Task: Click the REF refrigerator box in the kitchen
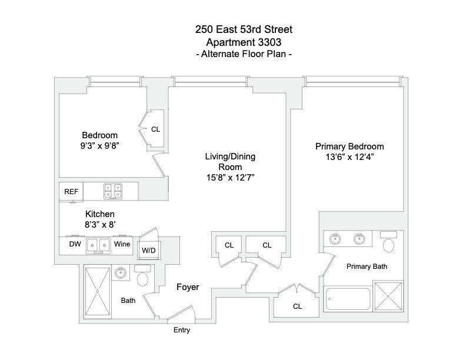click(71, 191)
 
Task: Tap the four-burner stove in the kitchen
click(112, 191)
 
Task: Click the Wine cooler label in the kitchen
click(122, 244)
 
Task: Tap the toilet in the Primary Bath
click(389, 244)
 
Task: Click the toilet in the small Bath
click(142, 276)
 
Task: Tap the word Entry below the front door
click(181, 331)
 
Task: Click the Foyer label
click(188, 288)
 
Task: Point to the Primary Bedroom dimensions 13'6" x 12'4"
click(349, 157)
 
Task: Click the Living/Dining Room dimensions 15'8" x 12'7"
click(229, 177)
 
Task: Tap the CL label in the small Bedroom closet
click(155, 129)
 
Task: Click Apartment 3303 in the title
click(234, 42)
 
